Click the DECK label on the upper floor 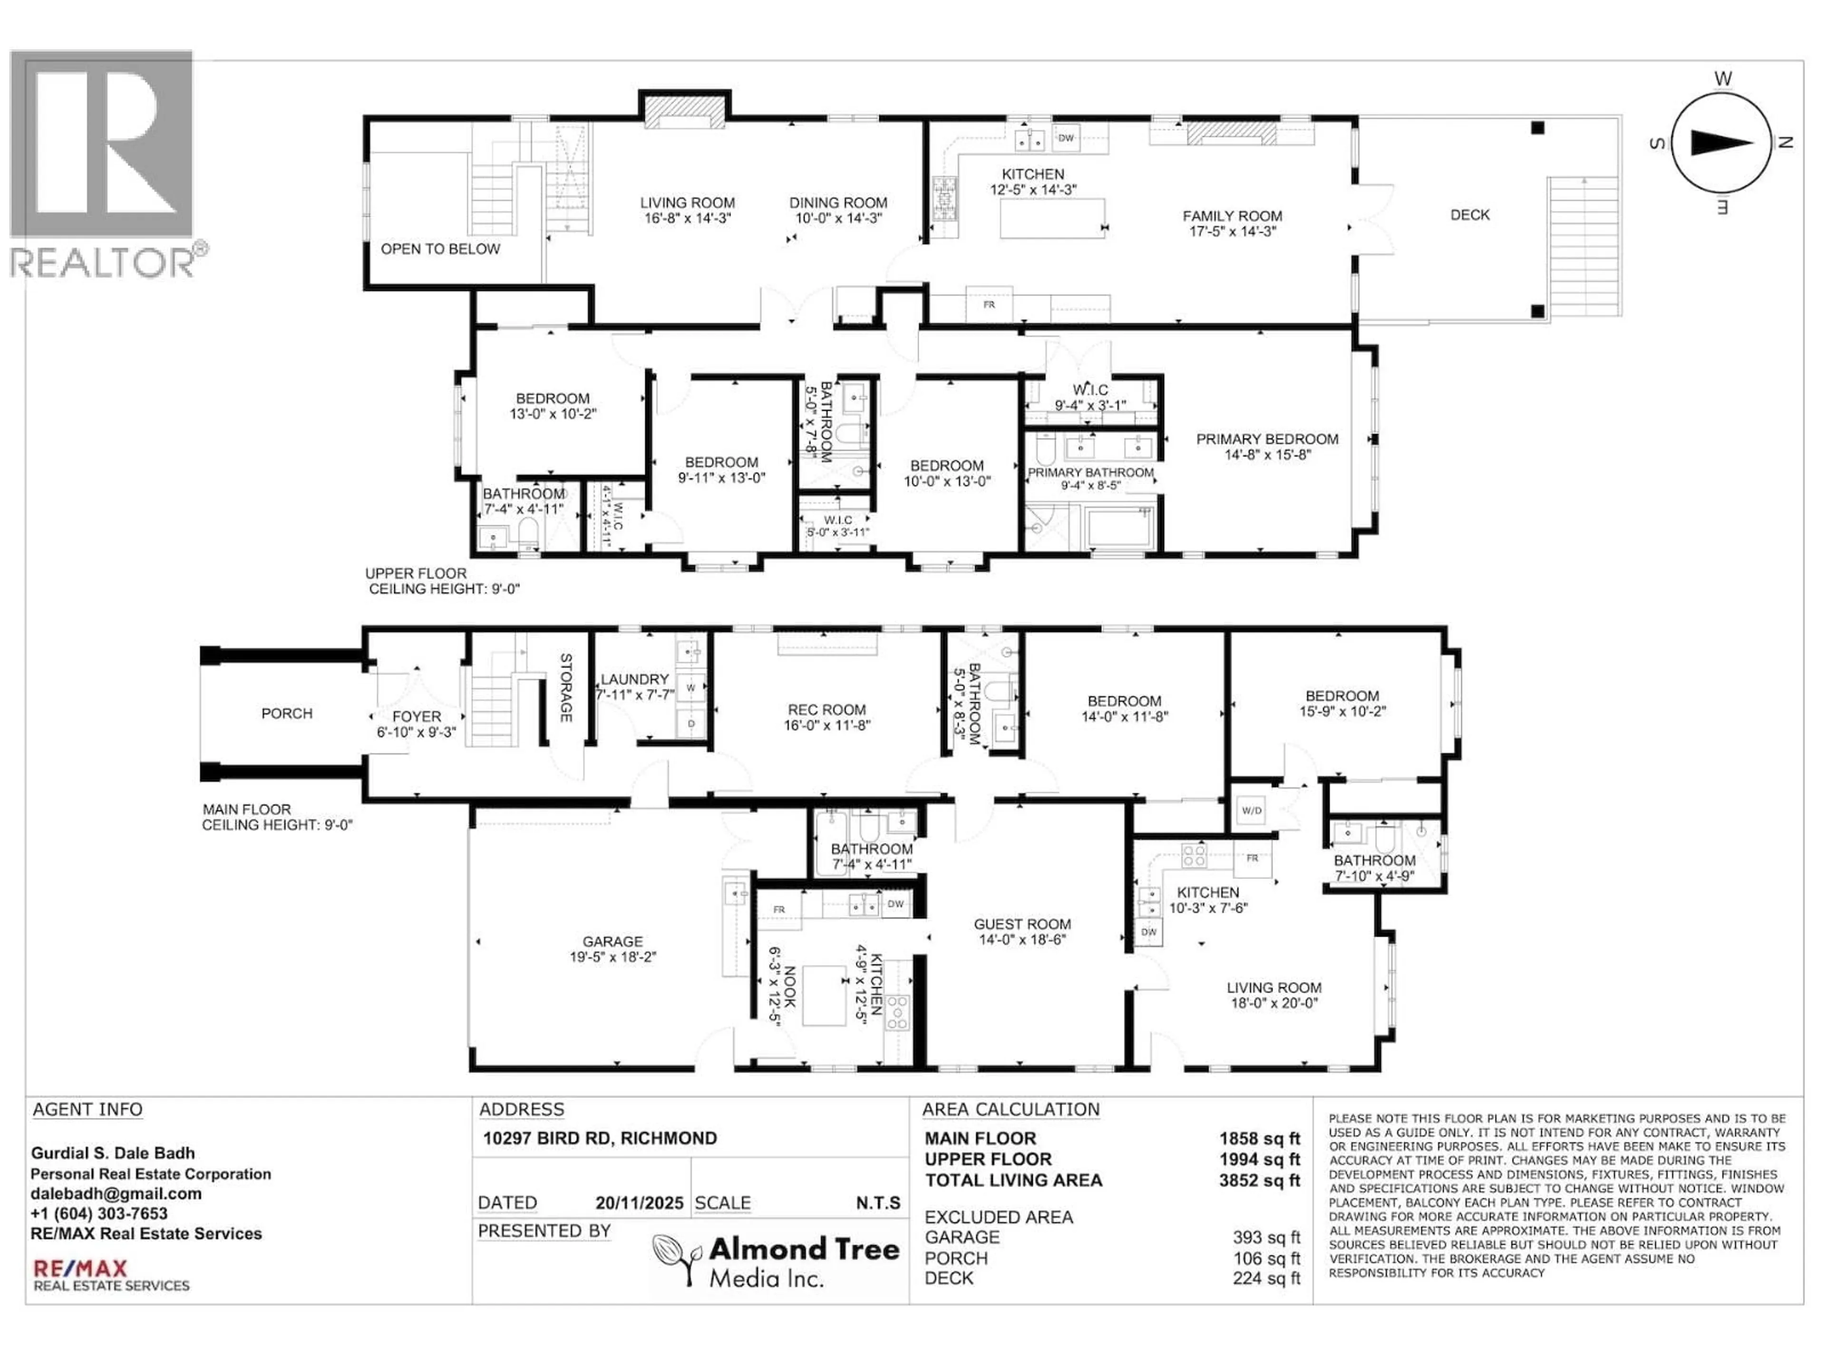pyautogui.click(x=1469, y=214)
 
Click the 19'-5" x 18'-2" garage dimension pyautogui.click(x=612, y=957)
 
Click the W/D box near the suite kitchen pyautogui.click(x=1252, y=810)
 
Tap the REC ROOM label pyautogui.click(x=826, y=710)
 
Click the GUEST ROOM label pyautogui.click(x=1022, y=924)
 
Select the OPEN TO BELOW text pyautogui.click(x=440, y=249)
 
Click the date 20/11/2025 pyautogui.click(x=639, y=1203)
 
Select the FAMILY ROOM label pyautogui.click(x=1232, y=216)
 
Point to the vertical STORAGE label pyautogui.click(x=566, y=687)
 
